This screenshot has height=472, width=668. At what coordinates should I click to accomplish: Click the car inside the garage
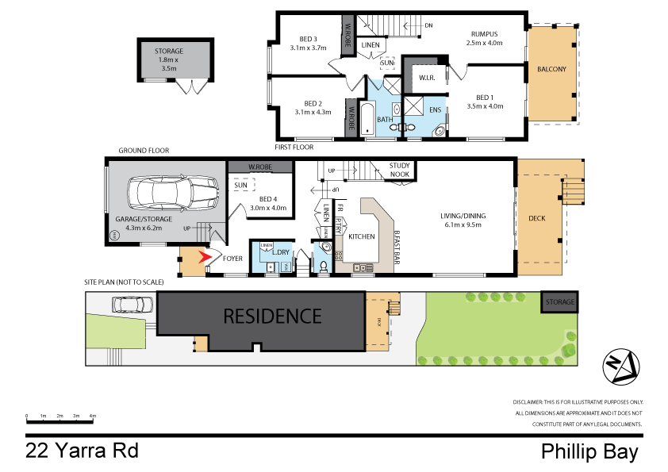178,193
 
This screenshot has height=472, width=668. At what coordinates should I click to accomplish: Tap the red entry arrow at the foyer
207,257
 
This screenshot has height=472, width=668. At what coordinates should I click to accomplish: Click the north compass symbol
621,366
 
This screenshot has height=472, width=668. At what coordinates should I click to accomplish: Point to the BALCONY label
551,70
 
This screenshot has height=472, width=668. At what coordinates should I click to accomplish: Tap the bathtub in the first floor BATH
367,119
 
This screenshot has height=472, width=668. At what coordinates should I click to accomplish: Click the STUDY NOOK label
399,170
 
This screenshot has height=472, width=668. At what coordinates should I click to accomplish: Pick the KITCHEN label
361,236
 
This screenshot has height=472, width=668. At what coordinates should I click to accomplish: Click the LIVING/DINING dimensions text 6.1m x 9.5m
463,224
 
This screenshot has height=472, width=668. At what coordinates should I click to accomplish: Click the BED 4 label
267,199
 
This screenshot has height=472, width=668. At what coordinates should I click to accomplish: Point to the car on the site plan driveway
133,304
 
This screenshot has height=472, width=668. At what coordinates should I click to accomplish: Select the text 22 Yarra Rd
82,451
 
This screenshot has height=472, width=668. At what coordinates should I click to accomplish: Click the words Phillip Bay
589,452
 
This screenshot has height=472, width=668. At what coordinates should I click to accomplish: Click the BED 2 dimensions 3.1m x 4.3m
313,112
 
